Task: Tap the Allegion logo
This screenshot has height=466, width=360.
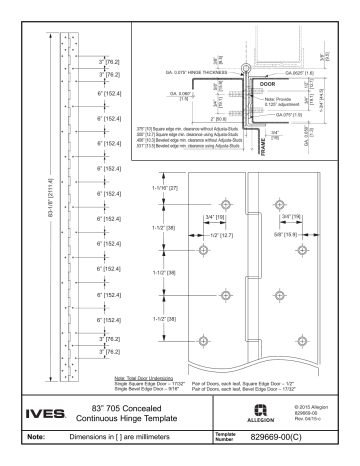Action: (250, 408)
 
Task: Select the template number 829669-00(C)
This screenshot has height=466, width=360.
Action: (269, 437)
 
